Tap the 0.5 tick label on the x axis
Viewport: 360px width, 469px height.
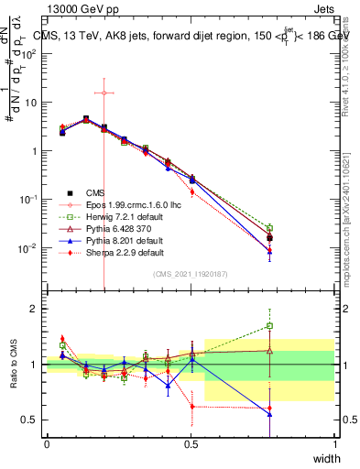(x=191, y=443)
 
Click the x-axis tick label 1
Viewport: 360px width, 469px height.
(x=334, y=443)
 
